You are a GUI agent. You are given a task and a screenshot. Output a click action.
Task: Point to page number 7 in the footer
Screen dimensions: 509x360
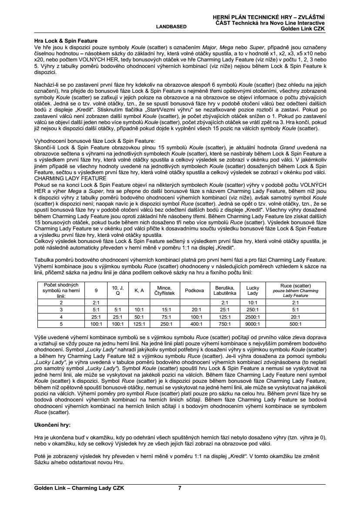pyautogui.click(x=180, y=488)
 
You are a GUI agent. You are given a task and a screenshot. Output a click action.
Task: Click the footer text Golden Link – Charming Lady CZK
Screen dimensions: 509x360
pyautogui.click(x=79, y=488)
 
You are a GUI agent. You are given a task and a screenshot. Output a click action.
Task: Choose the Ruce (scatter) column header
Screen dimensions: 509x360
pyautogui.click(x=296, y=290)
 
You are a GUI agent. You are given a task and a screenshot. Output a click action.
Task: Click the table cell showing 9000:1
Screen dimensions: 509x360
pyautogui.click(x=252, y=324)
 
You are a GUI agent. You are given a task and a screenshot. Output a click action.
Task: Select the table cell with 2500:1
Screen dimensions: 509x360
pyautogui.click(x=252, y=317)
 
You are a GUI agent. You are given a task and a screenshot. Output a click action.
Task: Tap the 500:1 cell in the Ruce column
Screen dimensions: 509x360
pyautogui.click(x=296, y=324)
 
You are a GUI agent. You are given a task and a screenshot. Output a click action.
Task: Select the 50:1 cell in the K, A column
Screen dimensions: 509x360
pyautogui.click(x=139, y=317)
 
